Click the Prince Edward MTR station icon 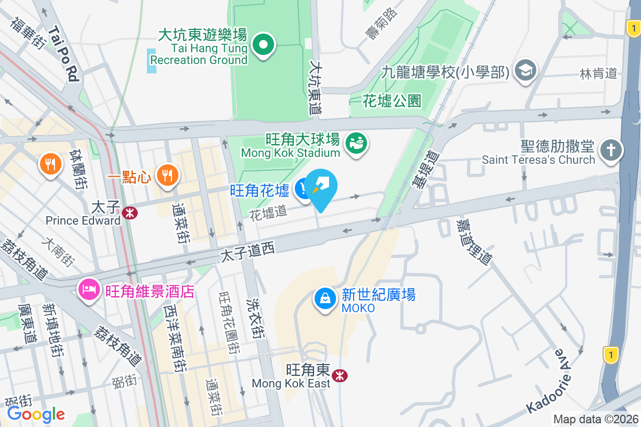pyautogui.click(x=129, y=213)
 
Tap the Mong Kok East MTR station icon pyautogui.click(x=339, y=376)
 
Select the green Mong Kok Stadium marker pyautogui.click(x=356, y=144)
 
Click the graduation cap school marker pyautogui.click(x=526, y=70)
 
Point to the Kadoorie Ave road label pyautogui.click(x=548, y=381)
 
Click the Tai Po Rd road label pyautogui.click(x=64, y=54)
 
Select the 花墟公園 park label pyautogui.click(x=392, y=100)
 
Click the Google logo pyautogui.click(x=36, y=414)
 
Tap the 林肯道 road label pyautogui.click(x=598, y=74)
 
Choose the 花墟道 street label pyautogui.click(x=268, y=212)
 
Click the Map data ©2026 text pyautogui.click(x=596, y=419)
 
